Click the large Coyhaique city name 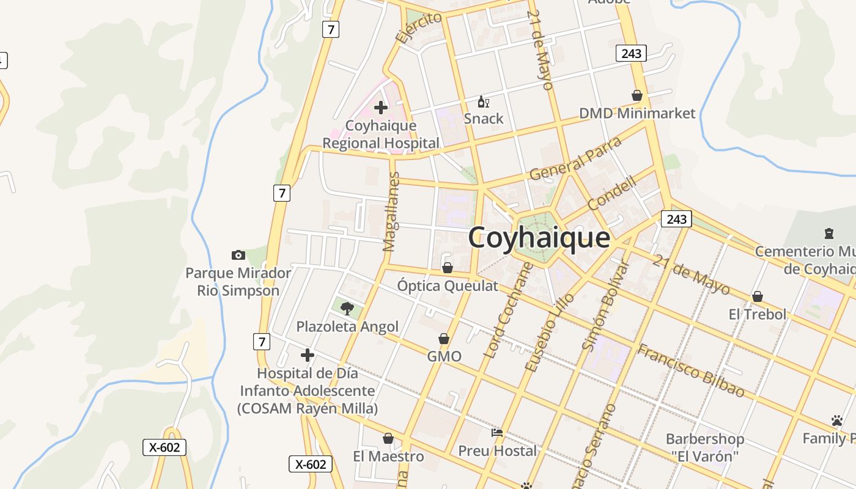pos(539,238)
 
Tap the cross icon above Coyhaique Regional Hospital pos(381,108)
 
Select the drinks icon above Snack pos(483,101)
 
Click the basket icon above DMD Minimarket pos(637,95)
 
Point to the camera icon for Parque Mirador pos(238,255)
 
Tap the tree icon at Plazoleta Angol pos(347,308)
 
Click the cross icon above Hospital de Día pos(308,355)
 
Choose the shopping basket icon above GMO pos(445,339)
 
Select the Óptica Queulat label pos(448,285)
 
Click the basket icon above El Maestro pos(388,438)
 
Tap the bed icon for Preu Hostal pos(497,433)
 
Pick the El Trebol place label pos(758,314)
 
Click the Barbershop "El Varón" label pos(704,447)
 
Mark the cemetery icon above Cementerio pos(829,233)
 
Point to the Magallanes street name pos(390,212)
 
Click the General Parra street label pos(575,158)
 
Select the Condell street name pos(612,191)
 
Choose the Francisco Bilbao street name pos(691,370)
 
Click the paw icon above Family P pos(837,421)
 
